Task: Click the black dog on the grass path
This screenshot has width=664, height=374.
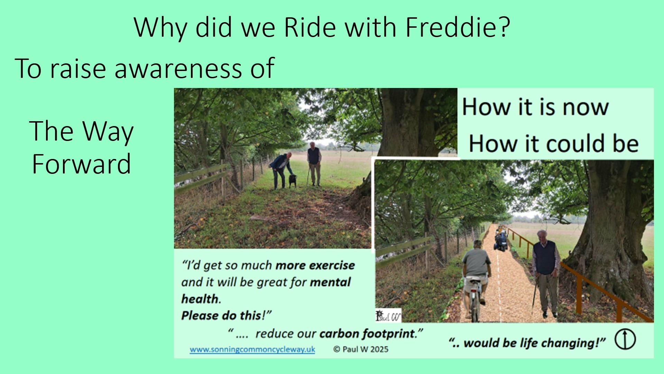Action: pos(293,181)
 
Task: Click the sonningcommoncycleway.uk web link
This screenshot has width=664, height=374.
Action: pos(252,349)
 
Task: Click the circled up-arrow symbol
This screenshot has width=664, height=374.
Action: pos(625,339)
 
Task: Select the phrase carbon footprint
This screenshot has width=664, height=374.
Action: pos(367,333)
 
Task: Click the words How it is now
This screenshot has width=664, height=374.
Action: pos(535,107)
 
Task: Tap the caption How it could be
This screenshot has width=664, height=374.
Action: pos(553,143)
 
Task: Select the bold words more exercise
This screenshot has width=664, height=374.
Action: pos(315,265)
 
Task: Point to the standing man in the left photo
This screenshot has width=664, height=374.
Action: pos(314,163)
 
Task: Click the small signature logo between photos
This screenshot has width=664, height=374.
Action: pos(388,315)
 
